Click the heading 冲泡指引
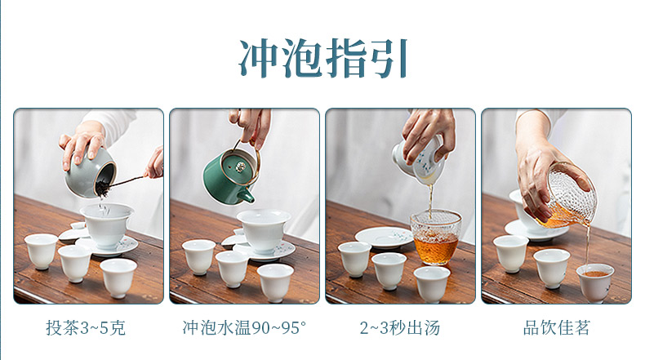(323, 58)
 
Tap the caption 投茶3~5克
(86, 328)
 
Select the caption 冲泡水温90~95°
(244, 328)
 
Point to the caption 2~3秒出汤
(400, 328)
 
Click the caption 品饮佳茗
(557, 328)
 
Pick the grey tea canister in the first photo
(90, 173)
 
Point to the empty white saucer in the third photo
(384, 238)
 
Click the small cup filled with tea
(595, 282)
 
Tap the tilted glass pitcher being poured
(569, 195)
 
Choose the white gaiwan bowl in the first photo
(106, 224)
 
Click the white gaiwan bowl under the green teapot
(263, 230)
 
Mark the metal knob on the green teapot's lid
(240, 167)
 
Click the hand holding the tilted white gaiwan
(428, 135)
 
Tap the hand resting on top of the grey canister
(82, 144)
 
